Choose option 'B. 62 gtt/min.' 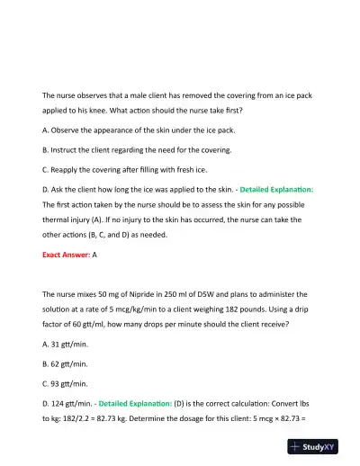click(65, 363)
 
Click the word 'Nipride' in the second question click(162, 293)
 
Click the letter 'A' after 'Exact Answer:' click(94, 255)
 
